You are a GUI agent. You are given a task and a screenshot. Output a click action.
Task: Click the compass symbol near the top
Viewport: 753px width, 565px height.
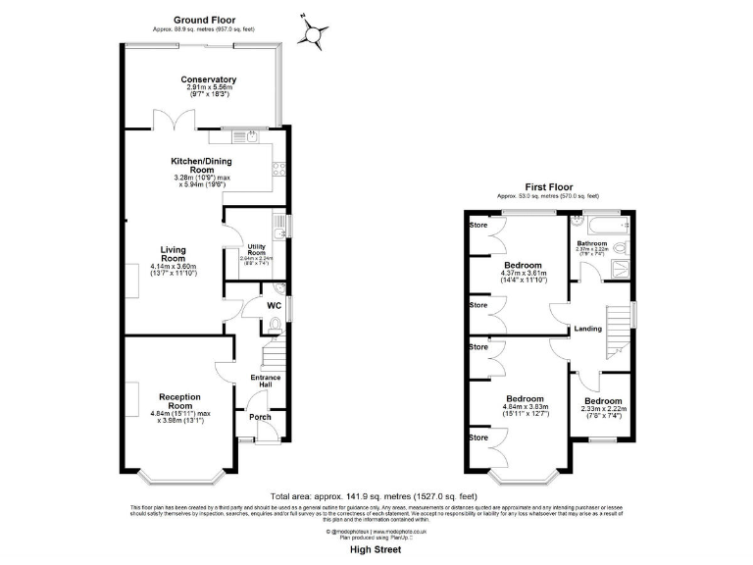point(314,36)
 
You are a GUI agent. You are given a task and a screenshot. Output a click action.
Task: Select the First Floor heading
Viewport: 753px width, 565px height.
point(548,186)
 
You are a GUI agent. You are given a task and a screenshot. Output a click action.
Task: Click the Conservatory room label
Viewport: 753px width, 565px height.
point(208,79)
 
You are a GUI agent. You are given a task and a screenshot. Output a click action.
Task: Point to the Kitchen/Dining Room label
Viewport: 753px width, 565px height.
point(201,164)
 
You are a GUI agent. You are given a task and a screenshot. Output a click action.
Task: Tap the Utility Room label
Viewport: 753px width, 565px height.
point(257,250)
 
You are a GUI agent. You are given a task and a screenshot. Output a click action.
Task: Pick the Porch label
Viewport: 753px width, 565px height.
point(260,418)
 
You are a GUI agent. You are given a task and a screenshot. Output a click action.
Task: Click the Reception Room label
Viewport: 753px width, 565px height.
point(179,400)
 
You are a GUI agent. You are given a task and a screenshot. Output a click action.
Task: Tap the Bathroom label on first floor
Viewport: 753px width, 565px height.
point(592,242)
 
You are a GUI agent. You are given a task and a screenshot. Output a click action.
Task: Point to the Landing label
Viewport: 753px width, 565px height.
point(588,328)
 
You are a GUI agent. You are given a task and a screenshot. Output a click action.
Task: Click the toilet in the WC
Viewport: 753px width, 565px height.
point(274,323)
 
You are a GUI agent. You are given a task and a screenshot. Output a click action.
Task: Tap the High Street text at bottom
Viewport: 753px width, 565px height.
point(376,550)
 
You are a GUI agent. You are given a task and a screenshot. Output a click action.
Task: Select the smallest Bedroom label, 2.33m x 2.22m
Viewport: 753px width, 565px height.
point(603,401)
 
